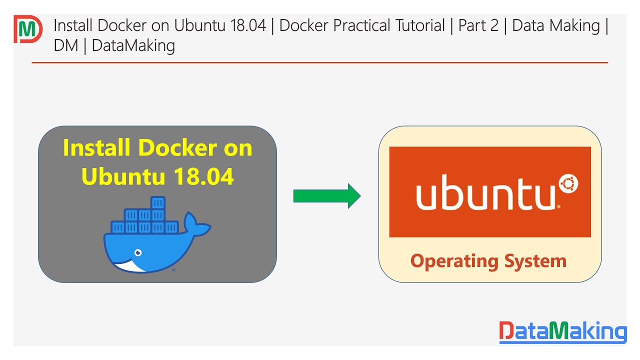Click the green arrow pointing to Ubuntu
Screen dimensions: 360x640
pyautogui.click(x=326, y=196)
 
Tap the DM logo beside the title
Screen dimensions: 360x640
pyautogui.click(x=27, y=29)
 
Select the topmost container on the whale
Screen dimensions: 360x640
pyautogui.click(x=157, y=202)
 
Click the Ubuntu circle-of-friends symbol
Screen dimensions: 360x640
pyautogui.click(x=568, y=185)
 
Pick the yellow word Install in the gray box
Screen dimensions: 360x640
pyautogui.click(x=96, y=148)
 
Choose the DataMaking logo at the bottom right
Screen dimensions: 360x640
pyautogui.click(x=562, y=331)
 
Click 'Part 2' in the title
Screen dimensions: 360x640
pyautogui.click(x=478, y=25)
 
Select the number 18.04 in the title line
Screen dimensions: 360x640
pyautogui.click(x=247, y=25)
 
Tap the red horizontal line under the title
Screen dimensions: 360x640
pyautogui.click(x=320, y=62)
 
